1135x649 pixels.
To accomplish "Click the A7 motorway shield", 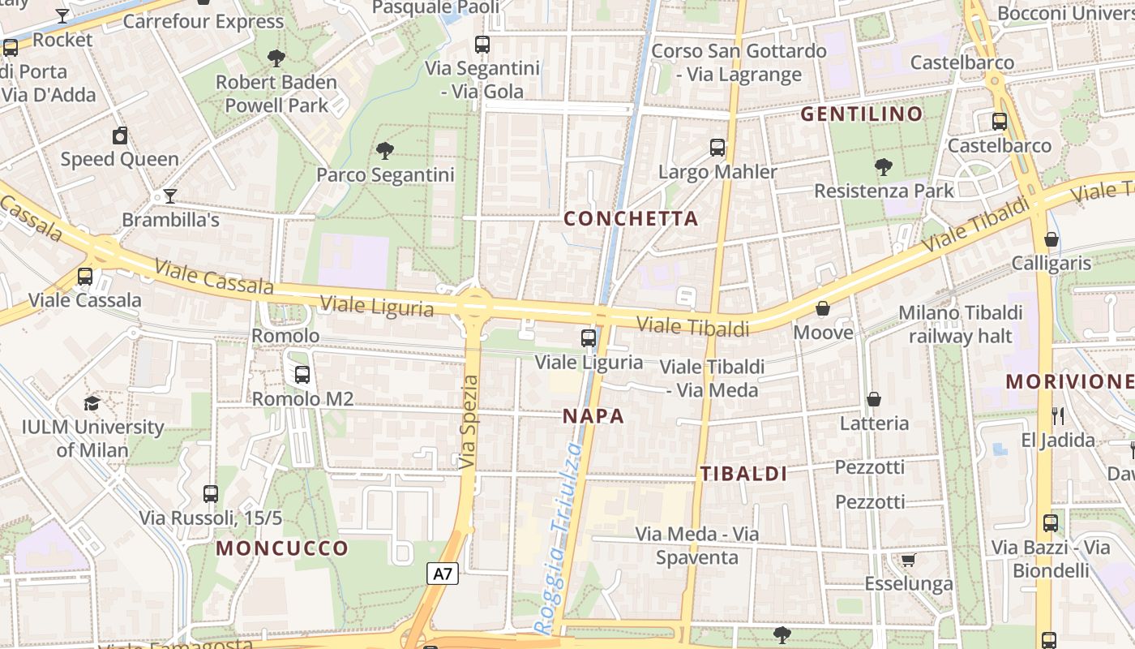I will [443, 574].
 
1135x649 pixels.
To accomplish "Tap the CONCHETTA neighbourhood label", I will [631, 218].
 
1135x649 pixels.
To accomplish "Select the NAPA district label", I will [593, 416].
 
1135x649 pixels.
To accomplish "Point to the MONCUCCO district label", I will [282, 548].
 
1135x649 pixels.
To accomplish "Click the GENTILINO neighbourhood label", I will [862, 114].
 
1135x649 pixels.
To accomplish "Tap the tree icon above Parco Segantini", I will [385, 149].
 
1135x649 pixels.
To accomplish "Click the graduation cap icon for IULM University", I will [92, 403].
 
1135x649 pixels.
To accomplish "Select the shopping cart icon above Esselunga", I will [909, 560].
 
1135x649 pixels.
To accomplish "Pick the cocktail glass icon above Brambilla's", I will [169, 196].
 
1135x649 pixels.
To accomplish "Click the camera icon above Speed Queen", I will [120, 135].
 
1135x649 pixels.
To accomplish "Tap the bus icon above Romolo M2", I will [302, 374].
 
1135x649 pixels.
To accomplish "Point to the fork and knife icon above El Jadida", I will [1058, 415].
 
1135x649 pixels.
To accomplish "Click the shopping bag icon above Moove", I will [823, 308].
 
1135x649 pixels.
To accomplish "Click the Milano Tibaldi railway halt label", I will [961, 324].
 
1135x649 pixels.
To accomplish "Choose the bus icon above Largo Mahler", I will [717, 147].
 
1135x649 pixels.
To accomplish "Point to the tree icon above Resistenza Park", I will [884, 166].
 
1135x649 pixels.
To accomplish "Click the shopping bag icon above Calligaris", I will [1051, 239].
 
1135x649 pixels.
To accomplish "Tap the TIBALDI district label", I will [743, 474].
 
